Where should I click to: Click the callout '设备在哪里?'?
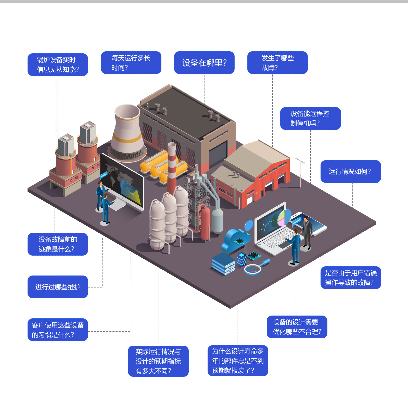tap(204, 63)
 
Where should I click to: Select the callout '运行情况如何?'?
tap(350, 171)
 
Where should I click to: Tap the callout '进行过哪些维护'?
tap(58, 287)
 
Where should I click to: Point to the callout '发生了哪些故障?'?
tap(277, 63)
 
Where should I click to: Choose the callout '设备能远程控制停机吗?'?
tap(310, 118)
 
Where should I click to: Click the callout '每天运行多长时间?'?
tap(131, 63)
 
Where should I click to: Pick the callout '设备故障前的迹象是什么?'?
tap(58, 244)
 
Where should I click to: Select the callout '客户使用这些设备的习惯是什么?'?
tap(58, 330)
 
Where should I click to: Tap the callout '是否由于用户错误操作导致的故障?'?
tap(351, 278)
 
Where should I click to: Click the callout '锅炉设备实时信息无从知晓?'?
tap(58, 65)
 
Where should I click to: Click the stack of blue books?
tap(223, 264)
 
